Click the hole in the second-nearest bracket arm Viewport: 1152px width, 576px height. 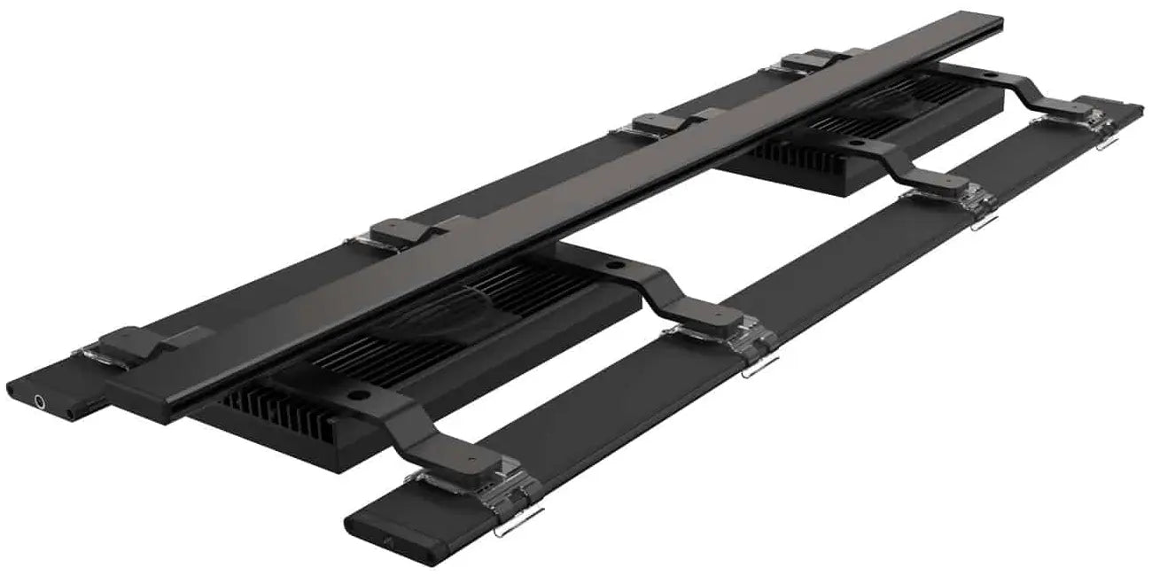613,266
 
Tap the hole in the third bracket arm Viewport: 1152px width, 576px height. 856,141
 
